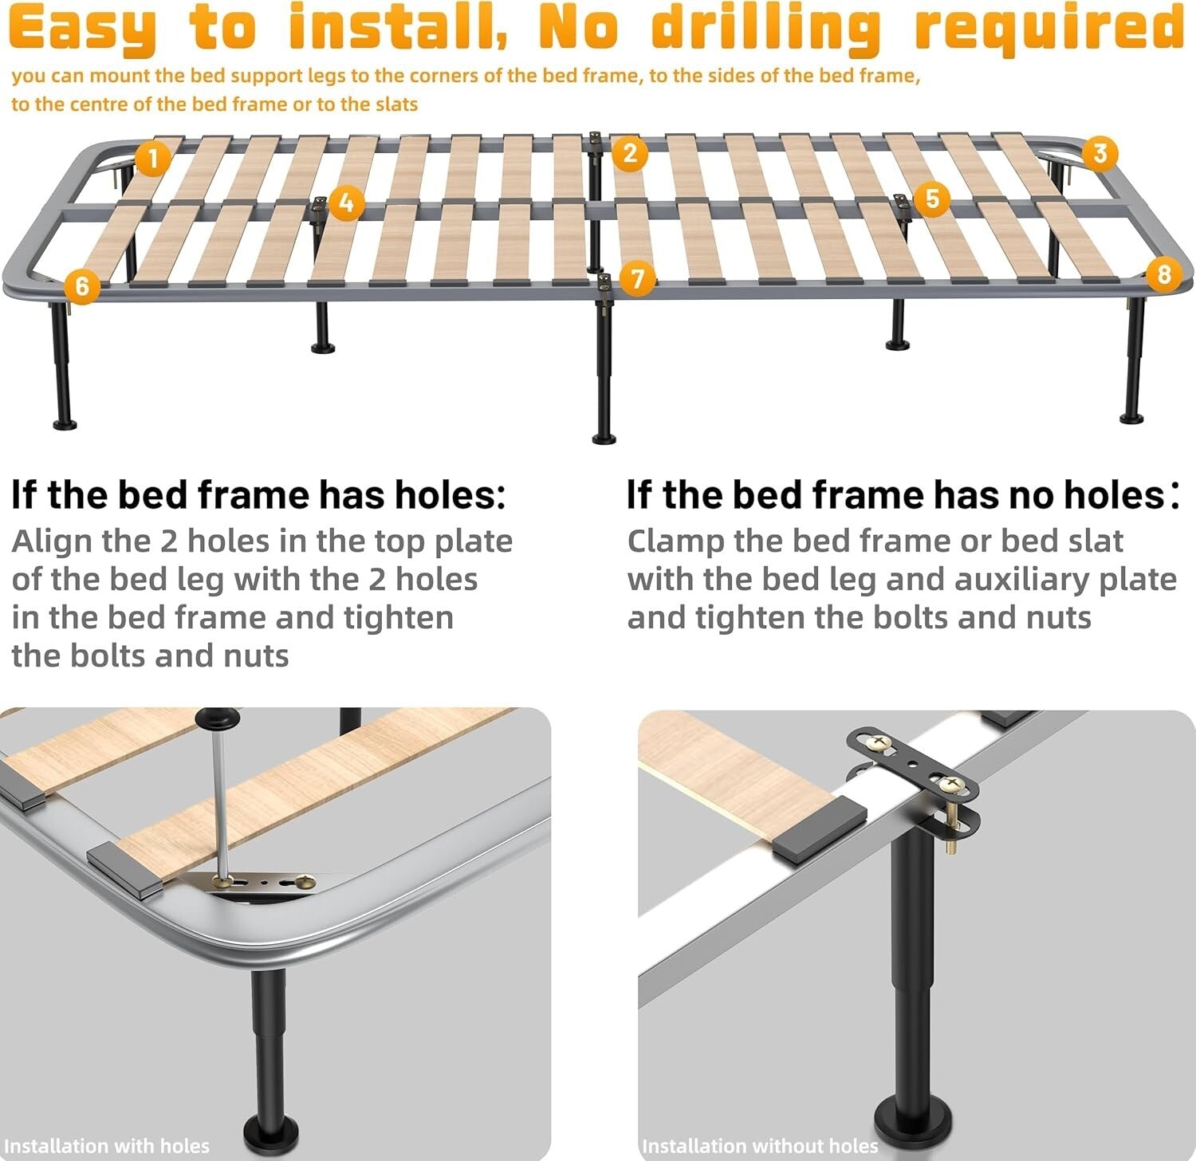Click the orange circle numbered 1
pyautogui.click(x=152, y=158)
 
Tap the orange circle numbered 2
pyautogui.click(x=630, y=153)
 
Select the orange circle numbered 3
pyautogui.click(x=1100, y=153)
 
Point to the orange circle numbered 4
pyautogui.click(x=346, y=203)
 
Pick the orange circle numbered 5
pyautogui.click(x=932, y=199)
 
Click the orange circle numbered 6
pyautogui.click(x=82, y=285)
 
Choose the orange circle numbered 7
pyautogui.click(x=637, y=279)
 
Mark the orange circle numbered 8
pyautogui.click(x=1163, y=274)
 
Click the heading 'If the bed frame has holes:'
pyautogui.click(x=258, y=495)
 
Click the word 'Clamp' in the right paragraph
pyautogui.click(x=677, y=541)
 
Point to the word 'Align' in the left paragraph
pyautogui.click(x=52, y=541)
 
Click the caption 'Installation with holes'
pyautogui.click(x=107, y=1146)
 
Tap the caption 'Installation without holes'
pyautogui.click(x=759, y=1146)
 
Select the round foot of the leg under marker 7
pyautogui.click(x=604, y=437)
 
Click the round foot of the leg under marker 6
pyautogui.click(x=65, y=423)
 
